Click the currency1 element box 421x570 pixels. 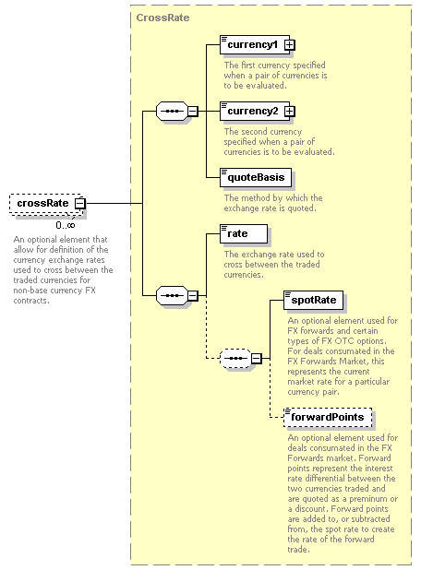click(x=255, y=44)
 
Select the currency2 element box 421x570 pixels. click(x=255, y=111)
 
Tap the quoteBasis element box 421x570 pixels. click(x=256, y=177)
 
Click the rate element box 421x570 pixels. click(x=244, y=233)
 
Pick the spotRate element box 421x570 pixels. click(x=313, y=300)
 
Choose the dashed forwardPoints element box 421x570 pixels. click(x=328, y=417)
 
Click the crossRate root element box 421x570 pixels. click(x=46, y=203)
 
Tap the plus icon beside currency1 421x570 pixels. click(x=290, y=44)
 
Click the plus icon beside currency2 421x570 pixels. click(x=290, y=111)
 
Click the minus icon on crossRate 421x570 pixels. click(x=79, y=203)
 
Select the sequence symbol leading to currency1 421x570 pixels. click(x=172, y=112)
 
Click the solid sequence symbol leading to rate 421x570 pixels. click(x=172, y=295)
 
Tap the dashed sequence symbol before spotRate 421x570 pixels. click(x=235, y=359)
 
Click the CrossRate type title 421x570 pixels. click(x=162, y=18)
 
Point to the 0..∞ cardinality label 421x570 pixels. click(x=66, y=225)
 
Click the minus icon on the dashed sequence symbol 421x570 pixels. click(x=257, y=359)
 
